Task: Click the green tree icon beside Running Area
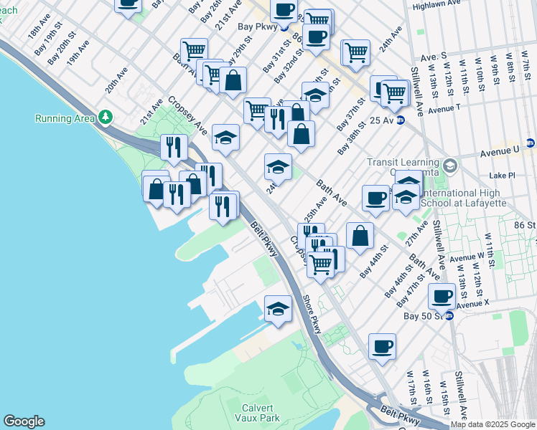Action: coord(106,116)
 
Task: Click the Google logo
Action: coord(24,421)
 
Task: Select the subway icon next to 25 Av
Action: coord(401,120)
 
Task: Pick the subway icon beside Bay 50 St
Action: coord(449,315)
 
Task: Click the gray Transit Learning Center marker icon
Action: coord(450,166)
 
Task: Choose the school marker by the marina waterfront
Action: coord(278,308)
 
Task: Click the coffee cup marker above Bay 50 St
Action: coord(442,295)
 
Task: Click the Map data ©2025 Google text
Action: coord(493,424)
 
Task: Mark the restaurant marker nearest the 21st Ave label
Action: coord(174,147)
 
